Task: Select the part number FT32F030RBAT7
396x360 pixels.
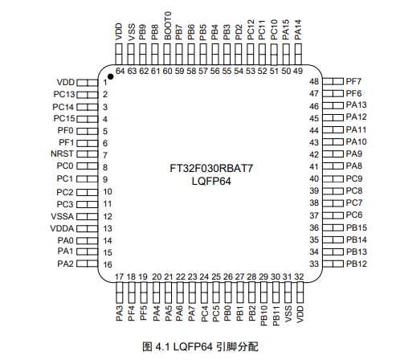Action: click(x=208, y=170)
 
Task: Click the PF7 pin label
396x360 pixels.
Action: click(x=353, y=82)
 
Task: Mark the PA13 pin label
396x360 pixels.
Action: click(x=356, y=105)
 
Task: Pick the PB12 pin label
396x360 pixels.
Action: click(x=356, y=264)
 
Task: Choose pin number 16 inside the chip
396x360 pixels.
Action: click(x=105, y=264)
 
